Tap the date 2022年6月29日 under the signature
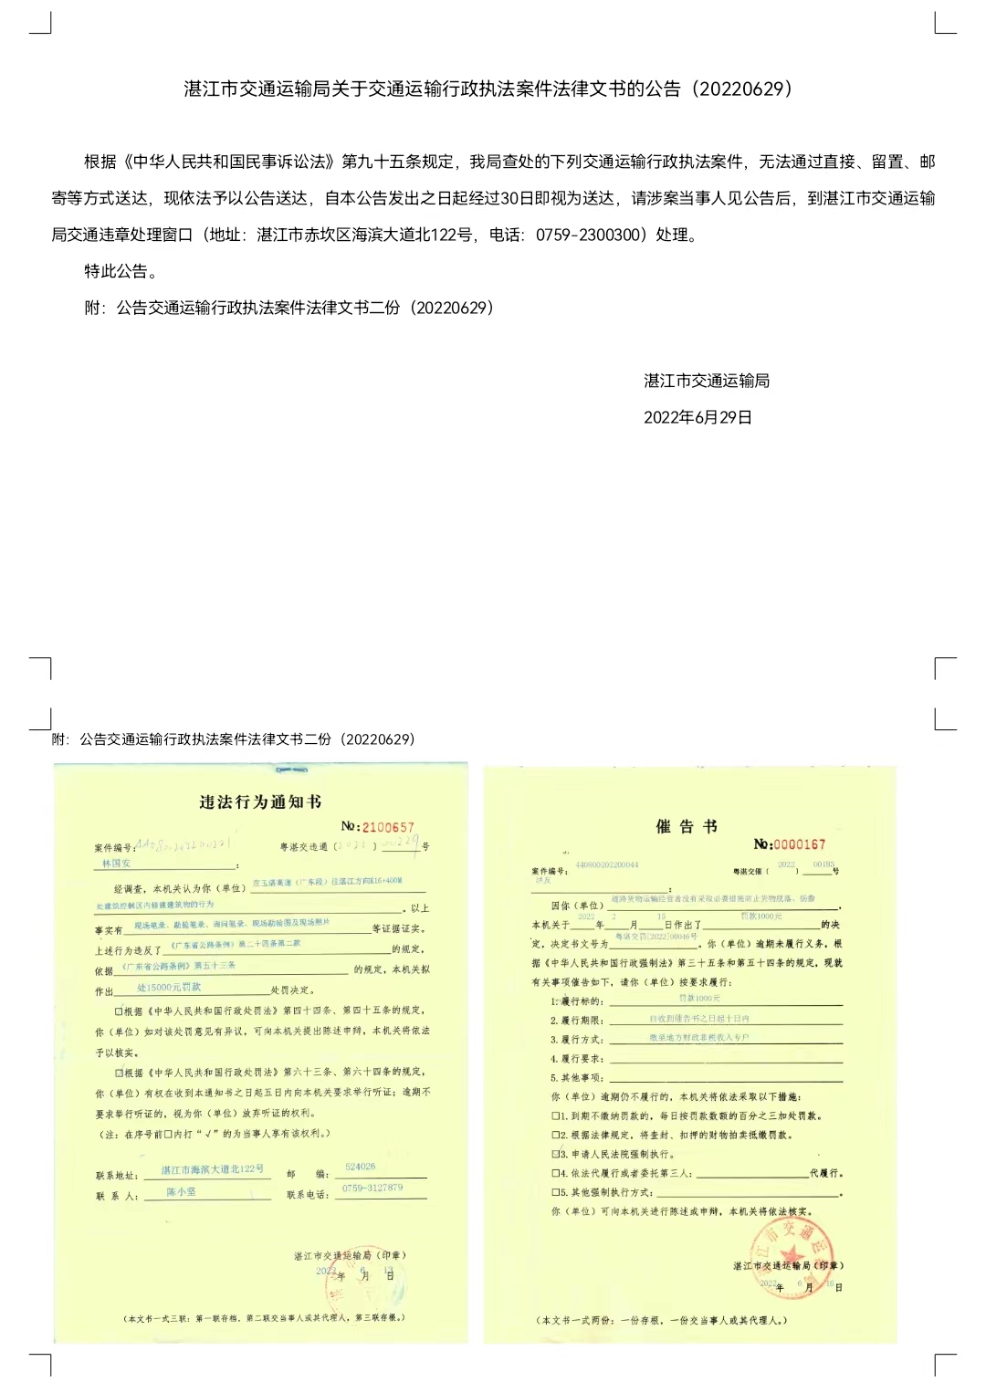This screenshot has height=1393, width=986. coord(698,417)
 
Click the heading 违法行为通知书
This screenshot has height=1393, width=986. coord(260,801)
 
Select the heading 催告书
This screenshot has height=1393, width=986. coord(687,826)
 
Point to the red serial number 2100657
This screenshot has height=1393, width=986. coord(388,827)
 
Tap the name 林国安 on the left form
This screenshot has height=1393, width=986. coord(116,863)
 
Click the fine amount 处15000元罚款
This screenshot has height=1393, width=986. coord(169,988)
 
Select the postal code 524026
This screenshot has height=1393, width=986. coord(360,1167)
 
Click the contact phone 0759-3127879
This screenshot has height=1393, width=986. coord(372,1188)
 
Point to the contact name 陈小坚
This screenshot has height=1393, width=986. coord(181,1192)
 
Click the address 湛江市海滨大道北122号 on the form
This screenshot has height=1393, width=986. coord(212,1169)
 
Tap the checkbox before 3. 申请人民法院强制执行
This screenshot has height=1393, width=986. coord(555,1154)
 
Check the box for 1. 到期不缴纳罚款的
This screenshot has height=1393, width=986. coord(555,1115)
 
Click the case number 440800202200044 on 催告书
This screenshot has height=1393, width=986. coord(606,864)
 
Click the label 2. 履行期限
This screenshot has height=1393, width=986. coord(576,1021)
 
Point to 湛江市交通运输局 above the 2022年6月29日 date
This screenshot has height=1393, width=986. coord(706,381)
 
